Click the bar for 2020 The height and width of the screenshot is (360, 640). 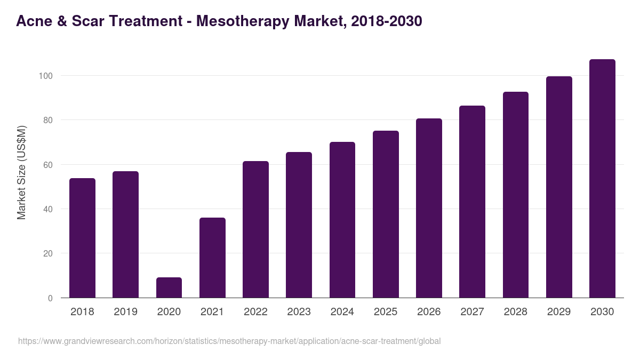click(169, 287)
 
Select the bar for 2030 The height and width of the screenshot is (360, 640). click(602, 179)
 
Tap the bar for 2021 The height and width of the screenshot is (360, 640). click(212, 258)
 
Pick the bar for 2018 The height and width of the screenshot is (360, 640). click(82, 238)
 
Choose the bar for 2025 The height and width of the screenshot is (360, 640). click(386, 214)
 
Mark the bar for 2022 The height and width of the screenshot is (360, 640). click(255, 229)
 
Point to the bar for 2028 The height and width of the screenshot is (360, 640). click(516, 195)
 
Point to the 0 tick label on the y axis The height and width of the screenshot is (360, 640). click(50, 298)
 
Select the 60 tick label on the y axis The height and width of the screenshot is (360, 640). click(47, 165)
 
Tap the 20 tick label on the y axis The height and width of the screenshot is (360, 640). click(47, 253)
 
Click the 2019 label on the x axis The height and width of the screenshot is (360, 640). click(125, 312)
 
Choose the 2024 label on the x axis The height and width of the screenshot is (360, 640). click(342, 312)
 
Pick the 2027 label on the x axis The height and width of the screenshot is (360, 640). click(472, 312)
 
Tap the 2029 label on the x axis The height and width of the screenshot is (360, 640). click(559, 312)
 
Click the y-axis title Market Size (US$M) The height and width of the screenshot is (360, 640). click(21, 173)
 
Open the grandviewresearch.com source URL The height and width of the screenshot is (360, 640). click(229, 341)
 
